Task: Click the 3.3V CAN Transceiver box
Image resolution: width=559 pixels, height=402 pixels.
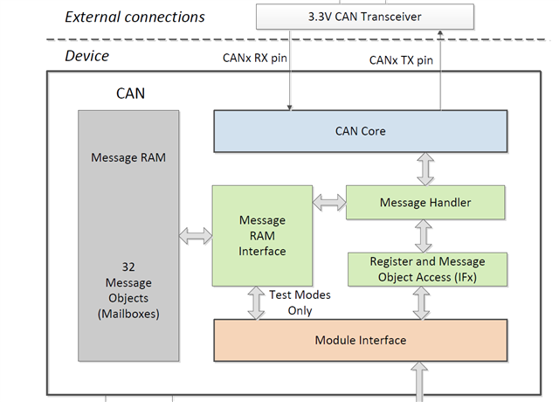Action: pos(365,17)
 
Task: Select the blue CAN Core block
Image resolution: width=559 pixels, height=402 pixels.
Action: pos(361,131)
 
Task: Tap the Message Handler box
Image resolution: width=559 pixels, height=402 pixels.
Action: pos(425,202)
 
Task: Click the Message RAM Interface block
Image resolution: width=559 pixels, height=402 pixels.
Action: pos(262,236)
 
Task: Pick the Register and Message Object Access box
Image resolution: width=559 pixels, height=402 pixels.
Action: pos(427,269)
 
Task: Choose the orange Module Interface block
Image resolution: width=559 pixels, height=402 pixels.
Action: pos(361,340)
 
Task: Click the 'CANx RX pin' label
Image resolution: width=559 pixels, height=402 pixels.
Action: pos(254,58)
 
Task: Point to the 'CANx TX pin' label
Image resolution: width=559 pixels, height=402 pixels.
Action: pos(401,60)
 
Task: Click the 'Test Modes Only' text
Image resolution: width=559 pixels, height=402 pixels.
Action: pos(300,302)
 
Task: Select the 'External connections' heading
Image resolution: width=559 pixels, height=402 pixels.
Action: pos(135,17)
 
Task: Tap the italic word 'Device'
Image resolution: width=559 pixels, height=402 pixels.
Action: pos(87,56)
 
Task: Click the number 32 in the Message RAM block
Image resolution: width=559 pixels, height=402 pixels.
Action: pos(128,267)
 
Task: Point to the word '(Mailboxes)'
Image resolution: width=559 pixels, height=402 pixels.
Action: pos(128,314)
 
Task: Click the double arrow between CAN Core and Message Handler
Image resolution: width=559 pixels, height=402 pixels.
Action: pos(425,169)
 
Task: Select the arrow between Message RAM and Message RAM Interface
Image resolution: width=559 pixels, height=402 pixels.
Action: pos(196,236)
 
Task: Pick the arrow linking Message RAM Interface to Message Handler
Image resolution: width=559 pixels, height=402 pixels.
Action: pos(329,203)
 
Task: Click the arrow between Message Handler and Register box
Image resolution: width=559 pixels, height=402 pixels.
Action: pos(424,236)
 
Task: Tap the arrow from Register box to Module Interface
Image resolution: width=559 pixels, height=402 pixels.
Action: pos(421,303)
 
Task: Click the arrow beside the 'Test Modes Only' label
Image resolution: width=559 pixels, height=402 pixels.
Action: pos(256,303)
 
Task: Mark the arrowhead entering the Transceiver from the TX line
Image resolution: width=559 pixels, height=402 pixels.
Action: pos(440,33)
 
